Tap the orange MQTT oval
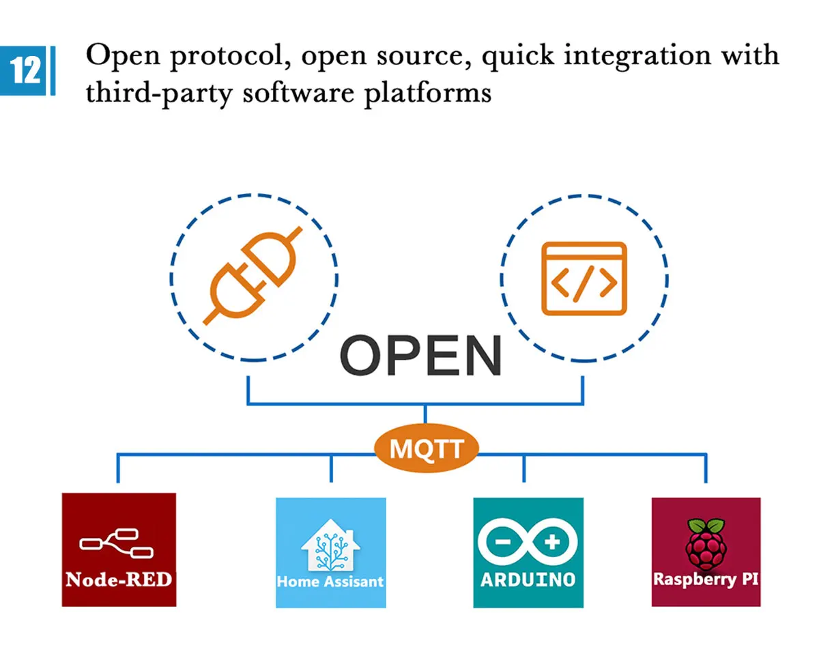(427, 448)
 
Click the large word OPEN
(421, 356)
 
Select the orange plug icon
(253, 276)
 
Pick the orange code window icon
(584, 279)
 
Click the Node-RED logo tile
(119, 550)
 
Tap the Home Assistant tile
(331, 552)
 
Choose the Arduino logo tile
(528, 552)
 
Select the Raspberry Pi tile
(706, 552)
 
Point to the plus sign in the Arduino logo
(552, 542)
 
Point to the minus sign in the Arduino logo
(503, 542)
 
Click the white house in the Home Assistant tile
(331, 545)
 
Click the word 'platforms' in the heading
(428, 94)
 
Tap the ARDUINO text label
(528, 580)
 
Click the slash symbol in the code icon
(584, 285)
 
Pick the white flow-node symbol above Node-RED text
(117, 543)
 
